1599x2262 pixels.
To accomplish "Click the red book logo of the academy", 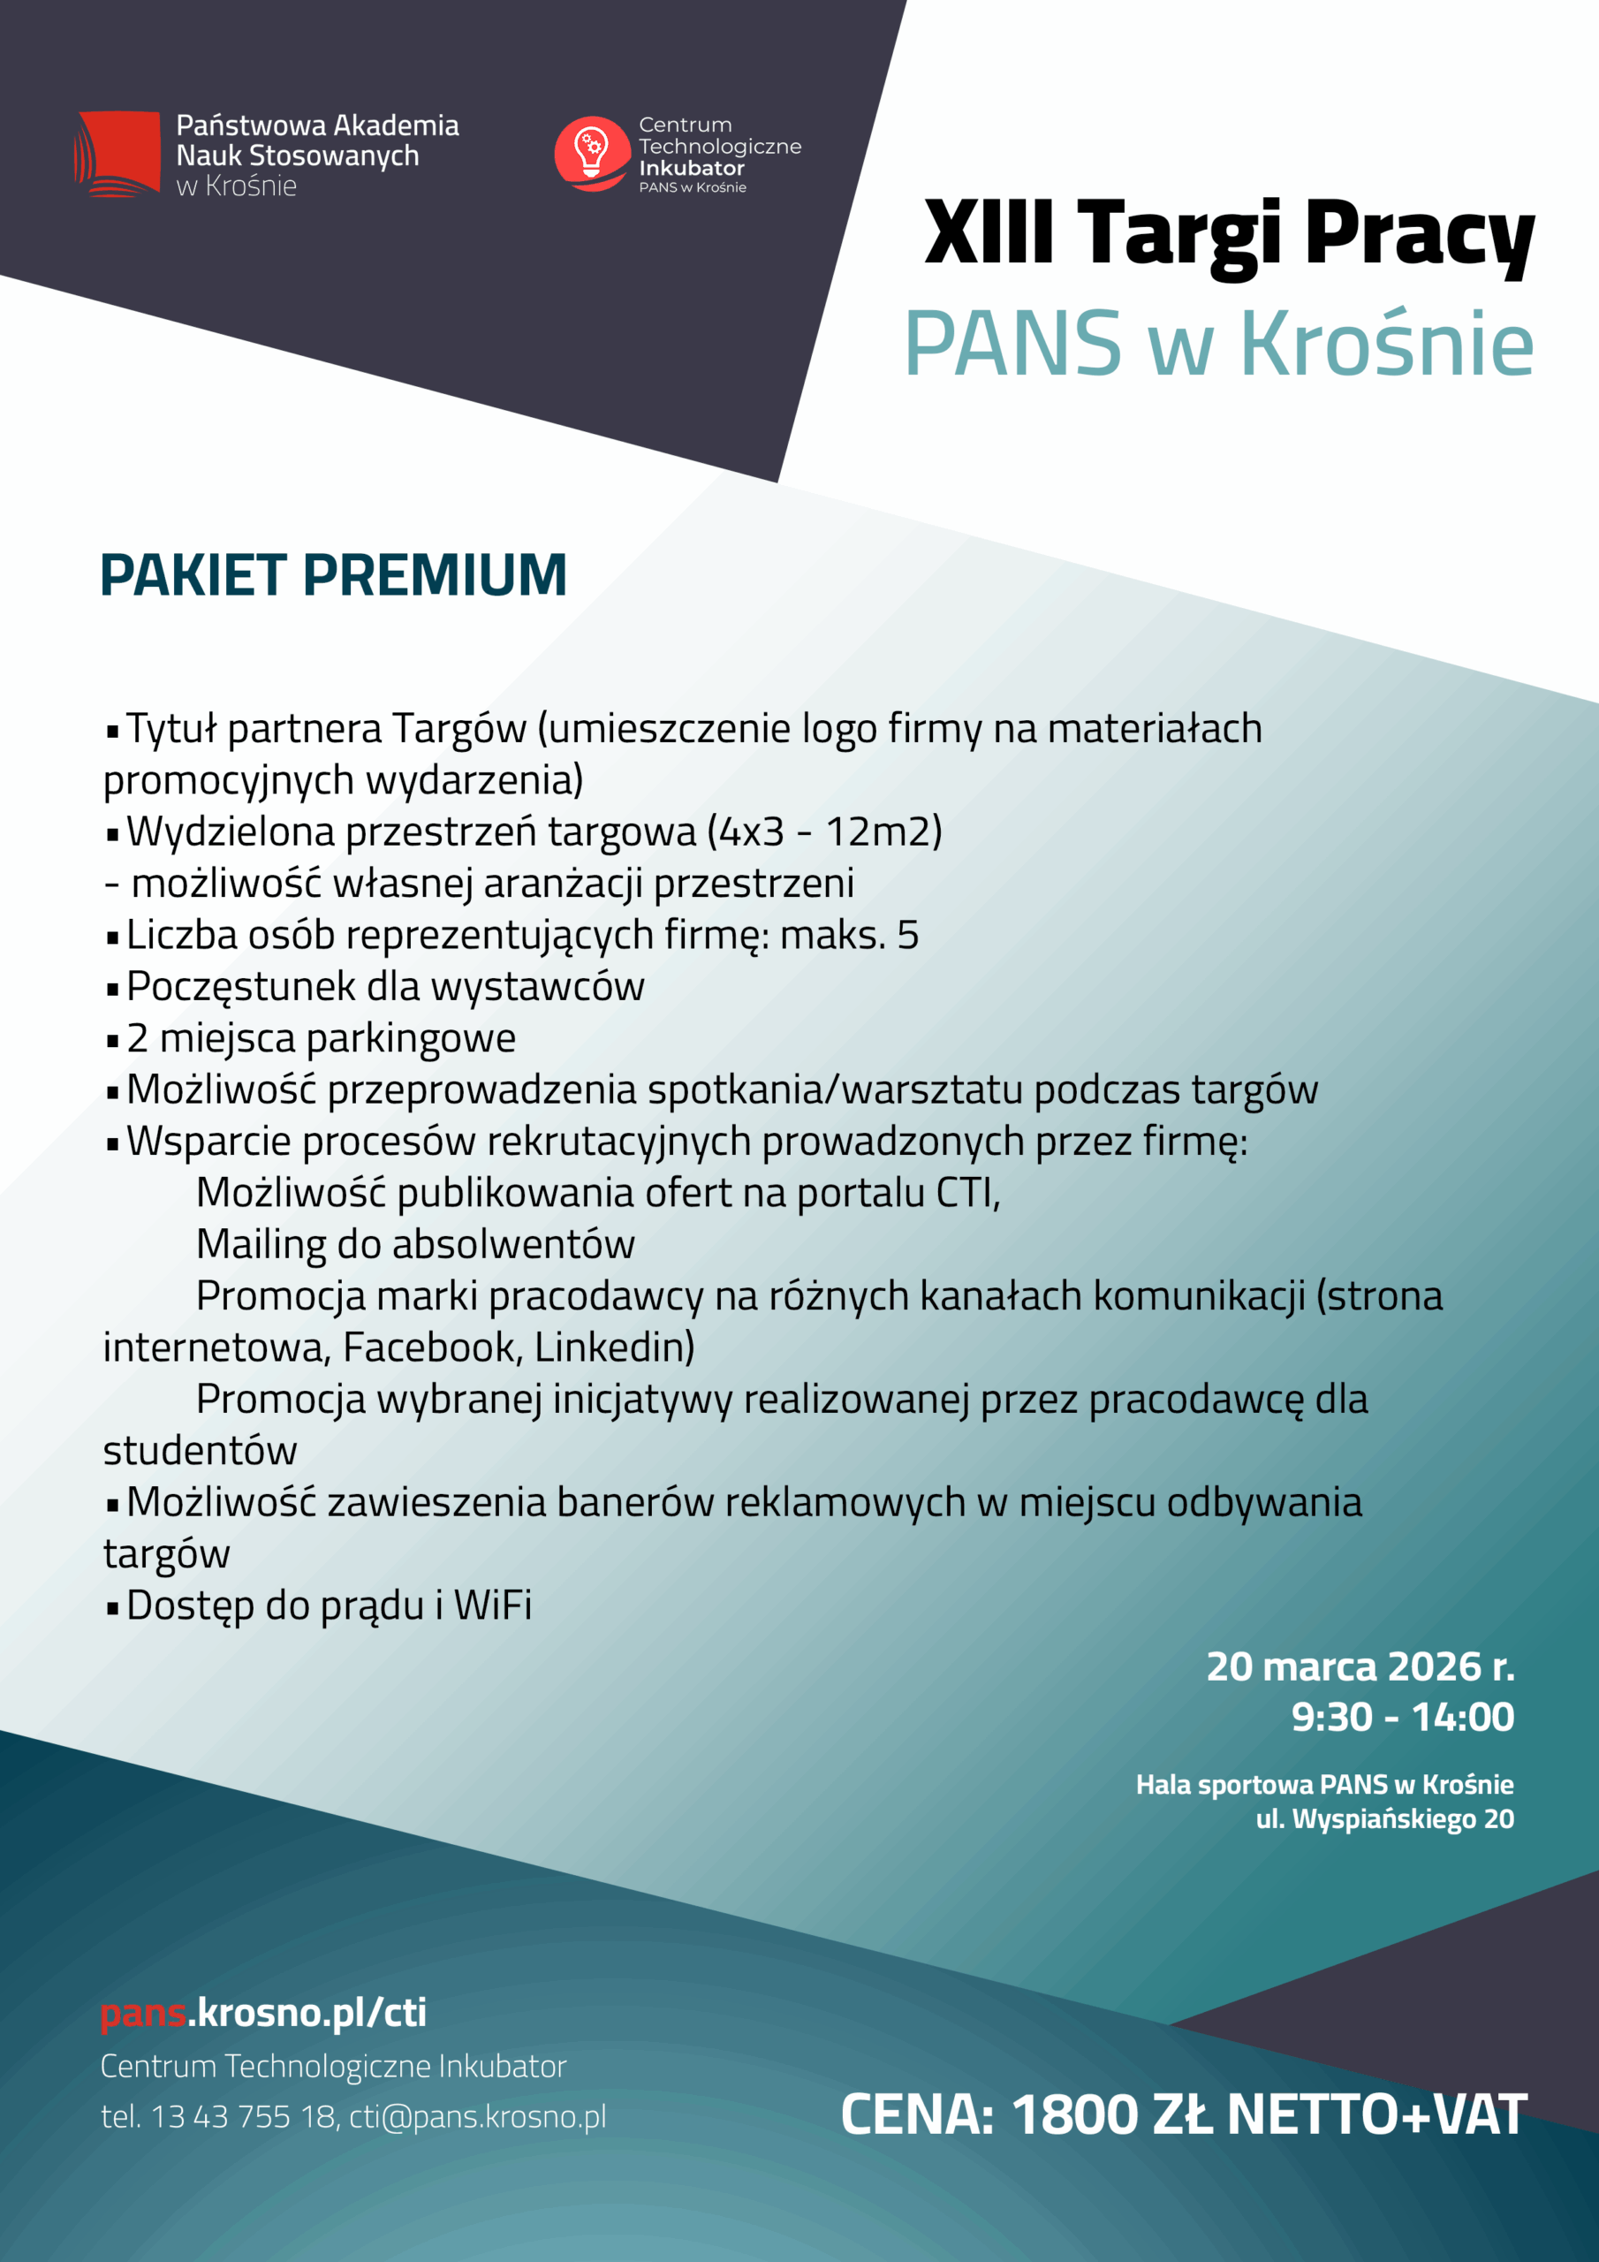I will [x=117, y=154].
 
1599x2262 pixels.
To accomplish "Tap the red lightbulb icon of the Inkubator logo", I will [x=591, y=153].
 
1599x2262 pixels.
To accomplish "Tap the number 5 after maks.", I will [x=907, y=935].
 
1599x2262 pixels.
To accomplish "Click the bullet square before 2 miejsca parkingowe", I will [x=112, y=1040].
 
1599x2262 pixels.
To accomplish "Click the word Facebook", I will [x=433, y=1347].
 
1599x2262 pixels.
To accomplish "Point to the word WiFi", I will [x=493, y=1605].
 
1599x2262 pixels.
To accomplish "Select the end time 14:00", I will [x=1462, y=1717].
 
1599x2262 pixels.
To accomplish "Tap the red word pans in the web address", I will [x=144, y=2013].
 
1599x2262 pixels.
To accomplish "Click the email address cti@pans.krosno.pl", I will [x=478, y=2116].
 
